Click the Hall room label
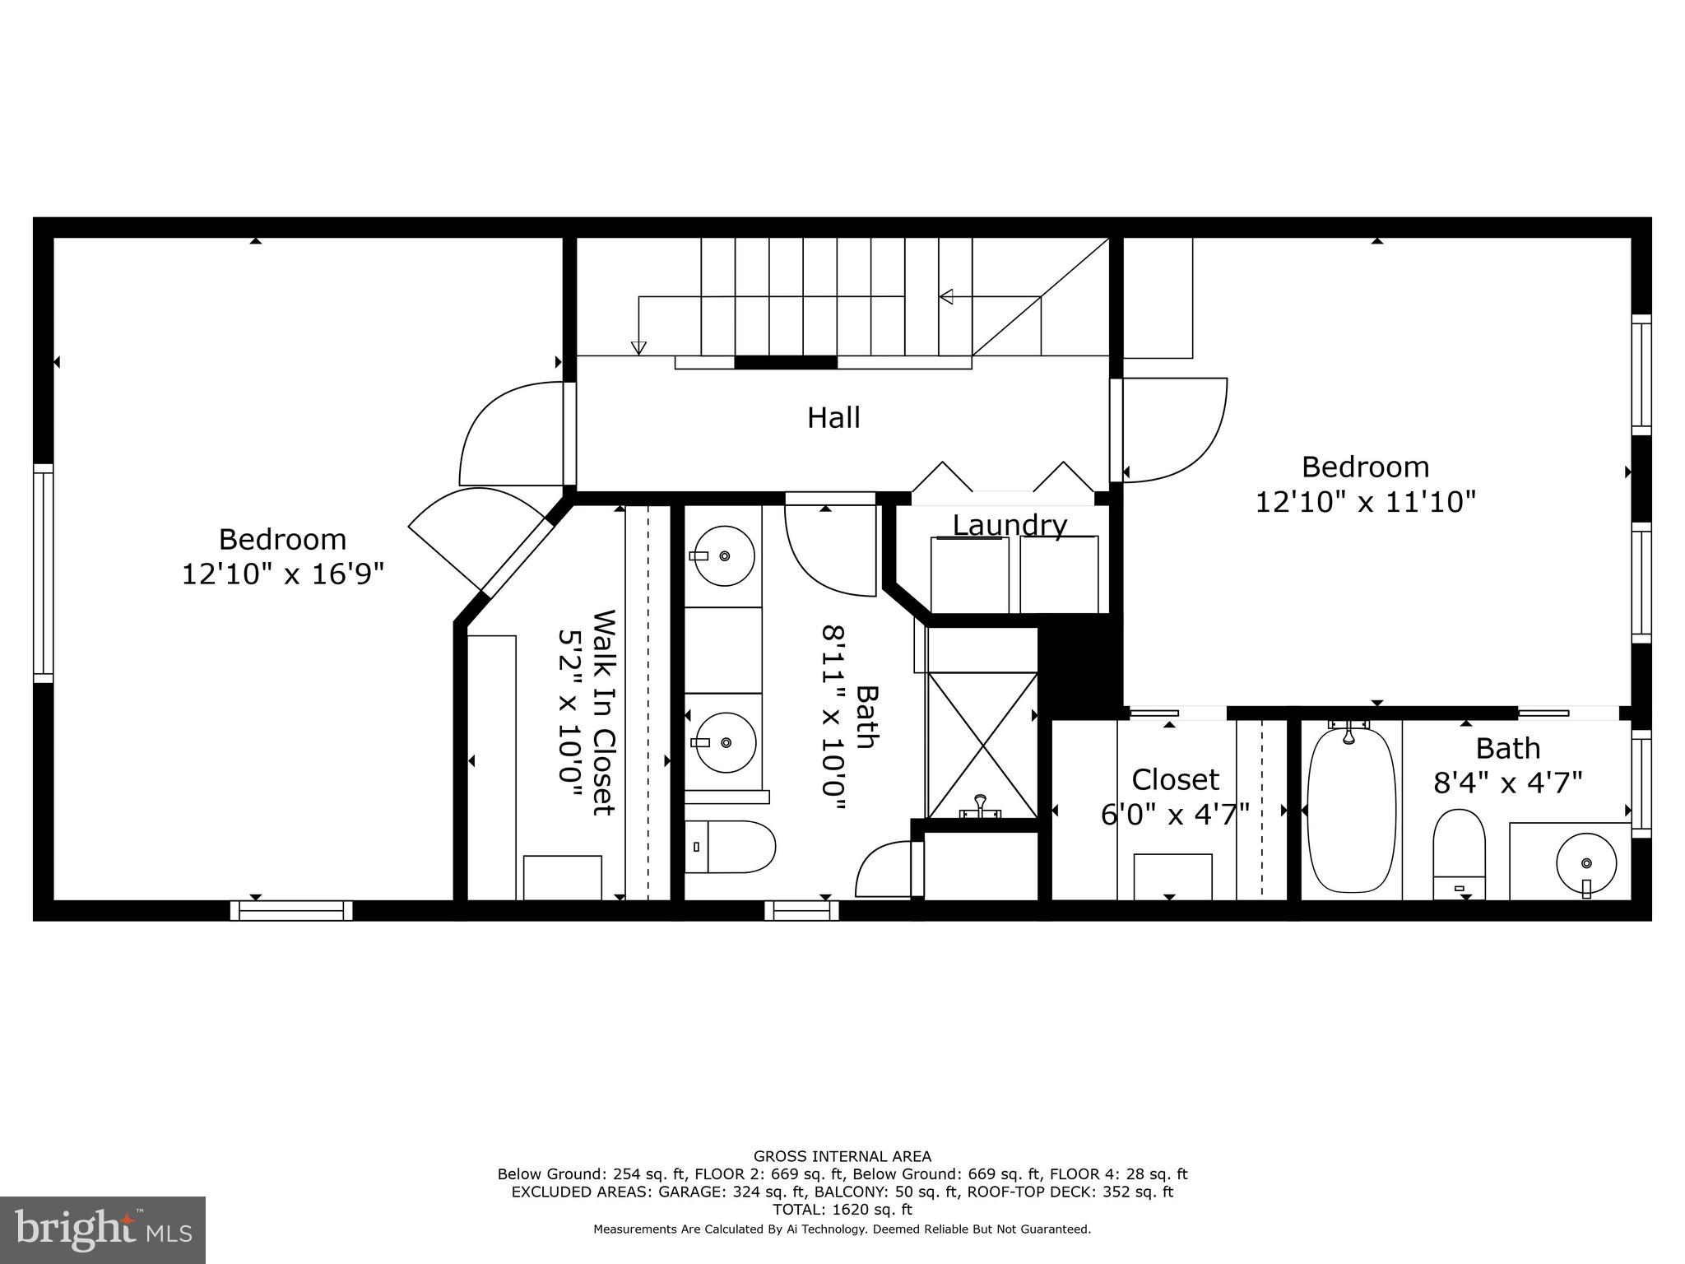click(x=833, y=418)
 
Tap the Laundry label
click(x=1010, y=524)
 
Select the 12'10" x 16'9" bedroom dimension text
click(x=283, y=574)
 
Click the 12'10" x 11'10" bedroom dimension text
click(x=1365, y=501)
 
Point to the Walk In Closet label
click(x=604, y=713)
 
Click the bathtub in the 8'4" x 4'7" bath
click(x=1352, y=810)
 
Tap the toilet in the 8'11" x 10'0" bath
click(x=730, y=847)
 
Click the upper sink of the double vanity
click(x=724, y=556)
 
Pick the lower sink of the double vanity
click(x=725, y=742)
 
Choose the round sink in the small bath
click(x=1586, y=863)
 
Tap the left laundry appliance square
click(x=969, y=574)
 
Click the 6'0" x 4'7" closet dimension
click(x=1175, y=815)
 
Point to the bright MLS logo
click(x=103, y=1229)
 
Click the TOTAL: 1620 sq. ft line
click(x=842, y=1210)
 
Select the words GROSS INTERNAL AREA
click(x=842, y=1156)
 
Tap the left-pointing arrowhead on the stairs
click(x=946, y=296)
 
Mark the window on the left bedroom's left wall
click(x=43, y=573)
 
